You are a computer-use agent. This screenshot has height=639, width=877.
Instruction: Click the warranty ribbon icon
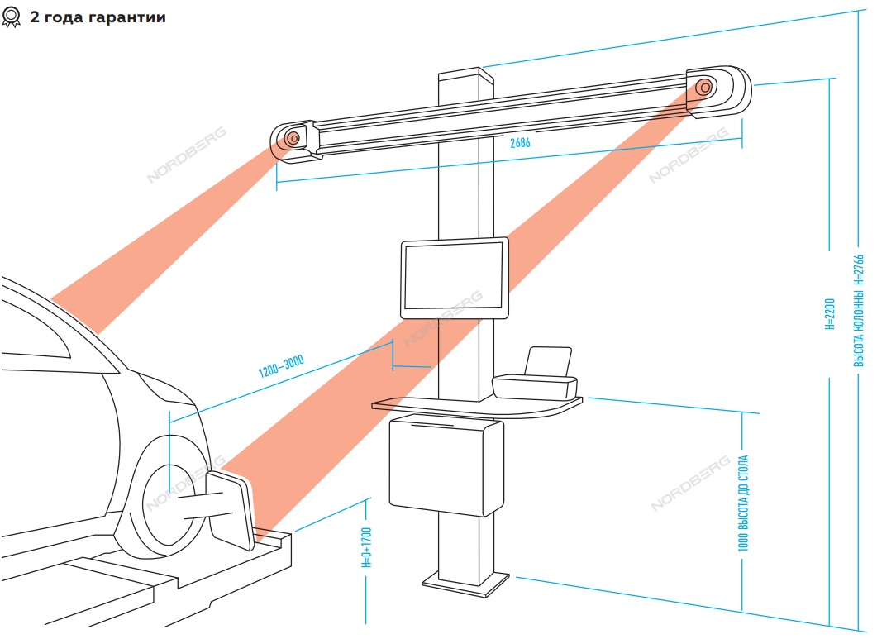(11, 17)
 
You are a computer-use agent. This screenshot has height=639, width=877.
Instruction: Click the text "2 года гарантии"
(98, 17)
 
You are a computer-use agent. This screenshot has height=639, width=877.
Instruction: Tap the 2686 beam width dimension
(520, 143)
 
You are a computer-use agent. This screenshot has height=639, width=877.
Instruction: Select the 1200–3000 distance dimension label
(281, 365)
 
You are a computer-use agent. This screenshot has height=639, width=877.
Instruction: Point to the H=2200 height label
(829, 314)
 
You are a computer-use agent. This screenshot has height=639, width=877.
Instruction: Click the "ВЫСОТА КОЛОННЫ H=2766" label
(859, 311)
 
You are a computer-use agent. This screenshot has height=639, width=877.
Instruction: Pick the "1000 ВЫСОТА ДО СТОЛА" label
(743, 503)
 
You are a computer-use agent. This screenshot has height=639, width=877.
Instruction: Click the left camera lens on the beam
(293, 138)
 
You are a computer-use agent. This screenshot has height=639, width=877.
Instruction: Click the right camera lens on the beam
(705, 88)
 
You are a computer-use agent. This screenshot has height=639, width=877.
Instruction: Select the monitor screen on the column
(454, 278)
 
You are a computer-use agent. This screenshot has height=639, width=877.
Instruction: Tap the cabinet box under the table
(446, 467)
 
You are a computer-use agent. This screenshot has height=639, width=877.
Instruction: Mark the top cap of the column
(466, 74)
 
